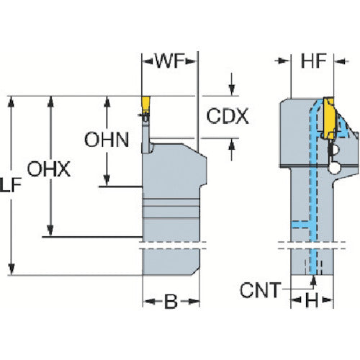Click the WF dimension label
[171, 61]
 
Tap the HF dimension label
[313, 61]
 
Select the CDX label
[228, 117]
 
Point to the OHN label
[107, 140]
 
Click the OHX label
[49, 169]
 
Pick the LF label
[11, 185]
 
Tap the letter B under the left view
[171, 301]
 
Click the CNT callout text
[261, 290]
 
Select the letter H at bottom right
[312, 300]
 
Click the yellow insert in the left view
[145, 104]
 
